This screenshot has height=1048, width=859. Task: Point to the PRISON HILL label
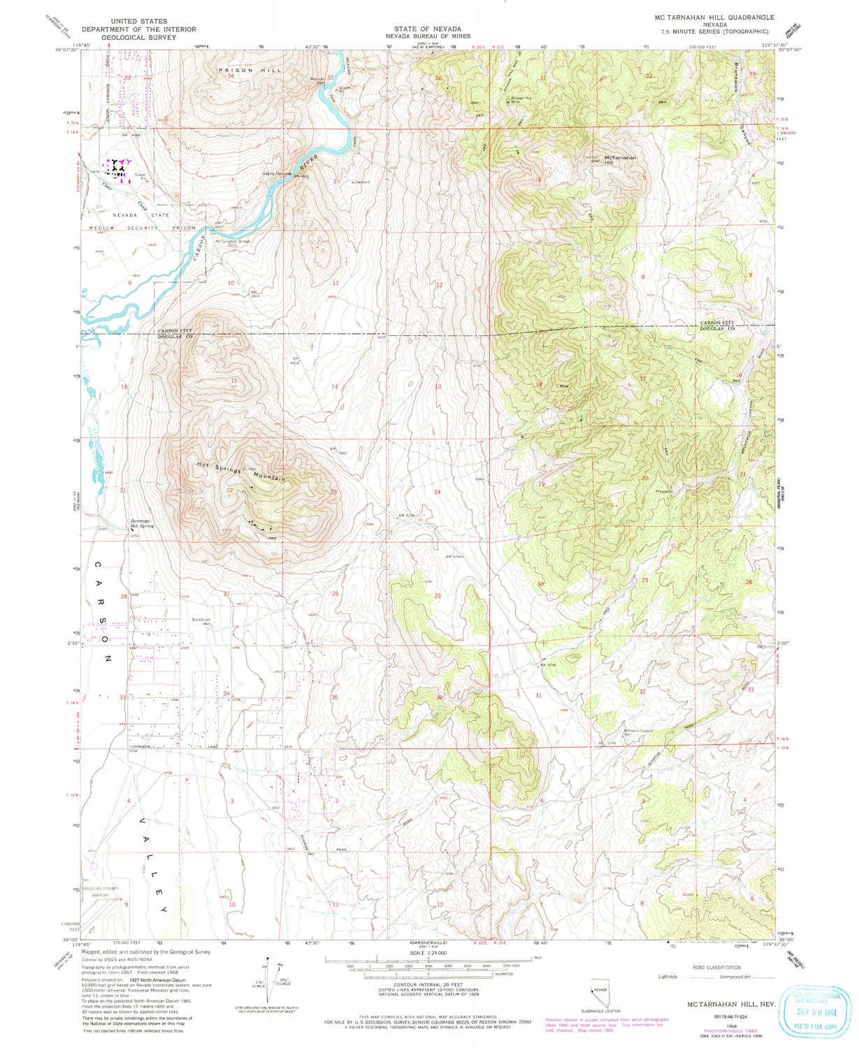238,71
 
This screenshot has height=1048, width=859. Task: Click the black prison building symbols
116,168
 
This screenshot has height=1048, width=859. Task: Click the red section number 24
438,492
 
